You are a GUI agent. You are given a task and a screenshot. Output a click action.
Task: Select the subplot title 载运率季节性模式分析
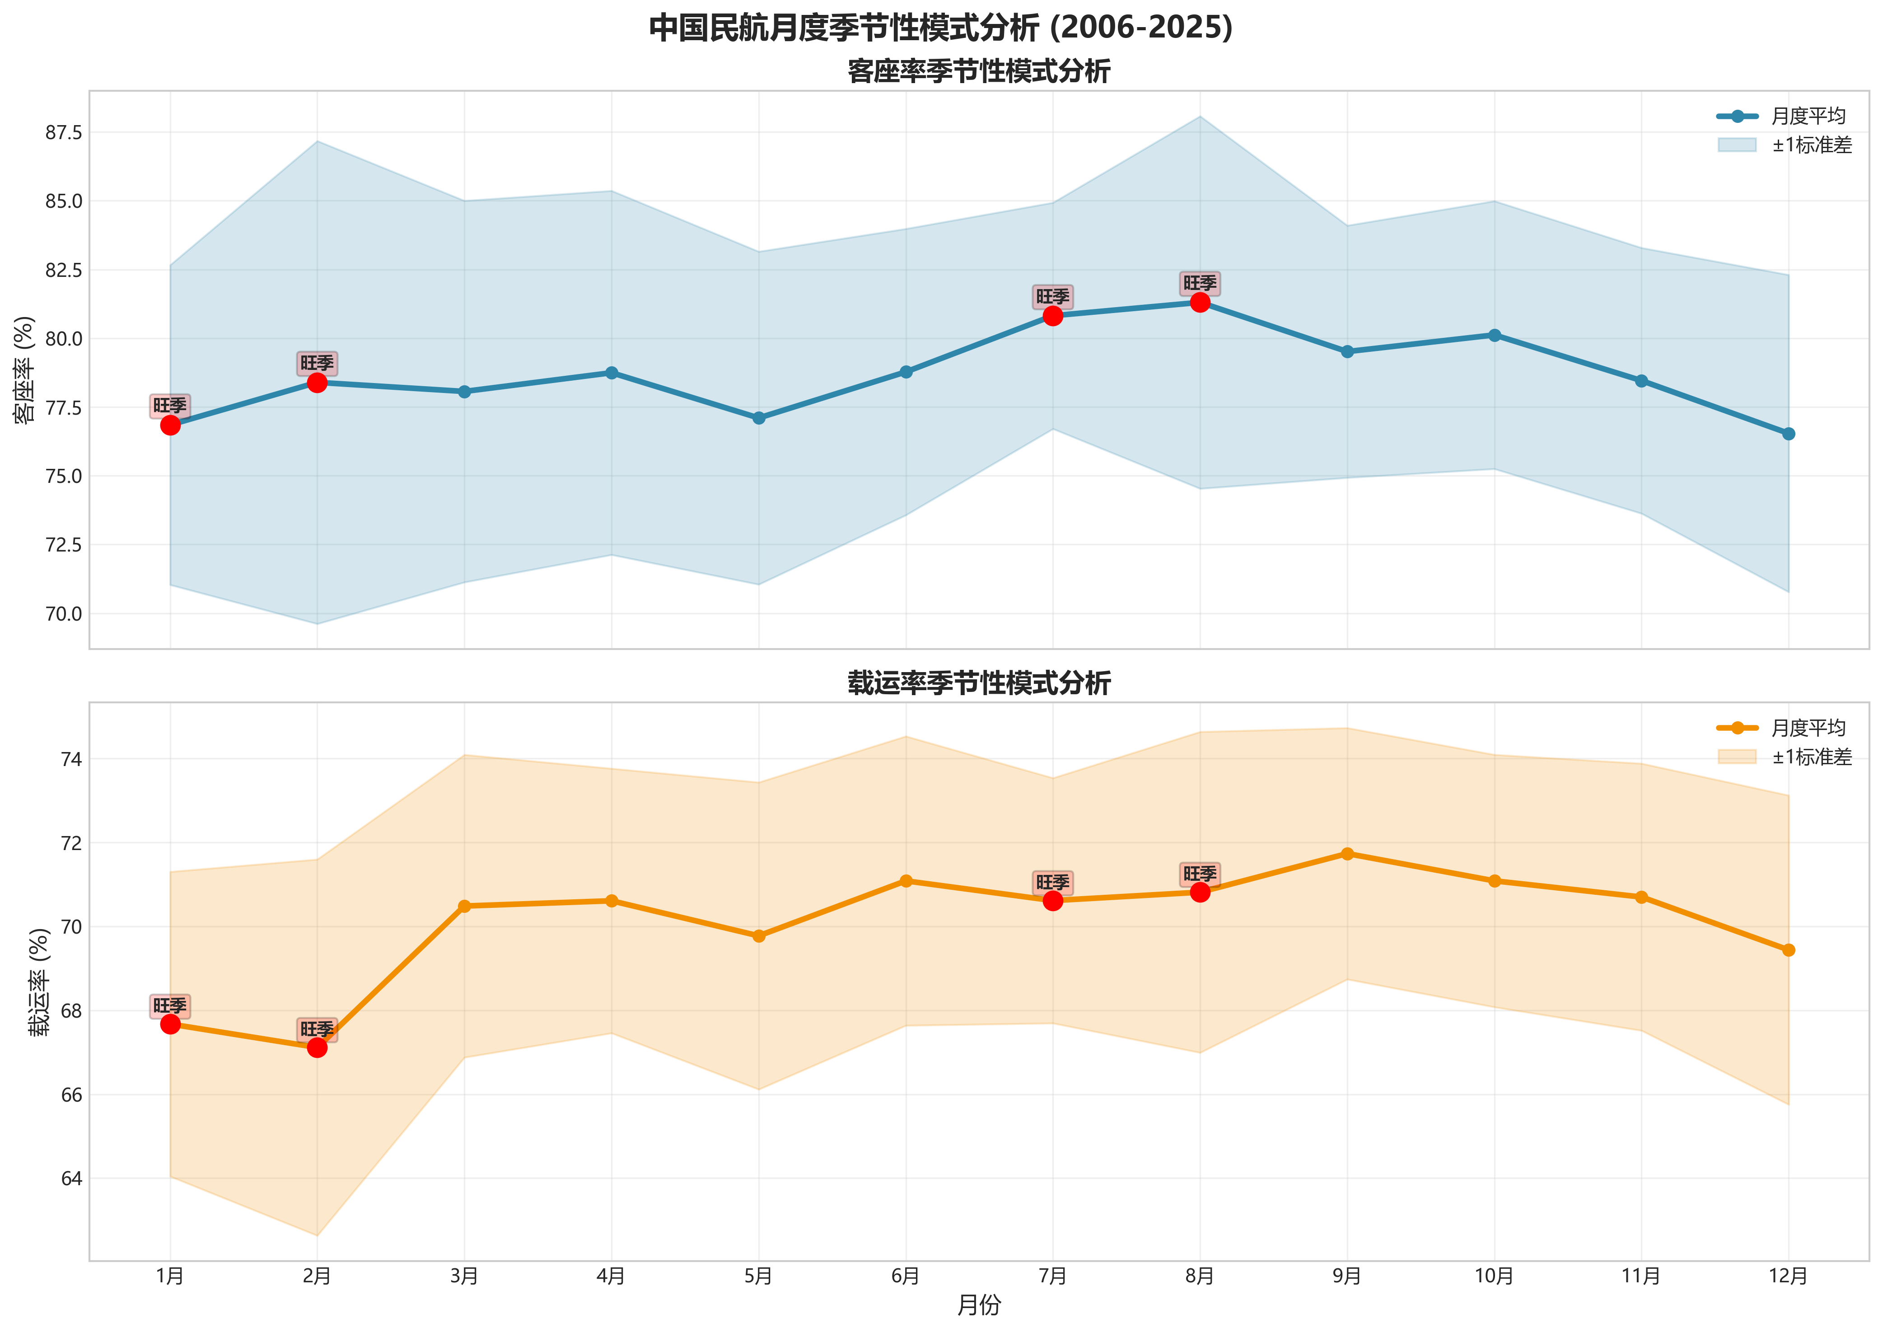click(978, 683)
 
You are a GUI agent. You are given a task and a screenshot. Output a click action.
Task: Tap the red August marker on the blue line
click(1200, 303)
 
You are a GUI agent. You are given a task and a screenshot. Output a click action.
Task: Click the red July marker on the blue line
click(1052, 316)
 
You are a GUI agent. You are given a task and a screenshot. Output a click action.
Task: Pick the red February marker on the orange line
click(318, 1047)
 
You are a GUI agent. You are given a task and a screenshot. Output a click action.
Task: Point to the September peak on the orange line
click(1346, 854)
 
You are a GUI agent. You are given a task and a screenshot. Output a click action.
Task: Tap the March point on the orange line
click(464, 907)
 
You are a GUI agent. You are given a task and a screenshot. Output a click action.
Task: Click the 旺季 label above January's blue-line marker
click(170, 405)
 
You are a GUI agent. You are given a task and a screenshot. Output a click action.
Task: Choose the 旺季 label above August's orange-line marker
click(1200, 874)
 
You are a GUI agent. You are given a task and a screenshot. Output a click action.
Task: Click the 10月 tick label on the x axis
click(1494, 1276)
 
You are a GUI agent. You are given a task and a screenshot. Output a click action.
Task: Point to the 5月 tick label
click(759, 1276)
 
